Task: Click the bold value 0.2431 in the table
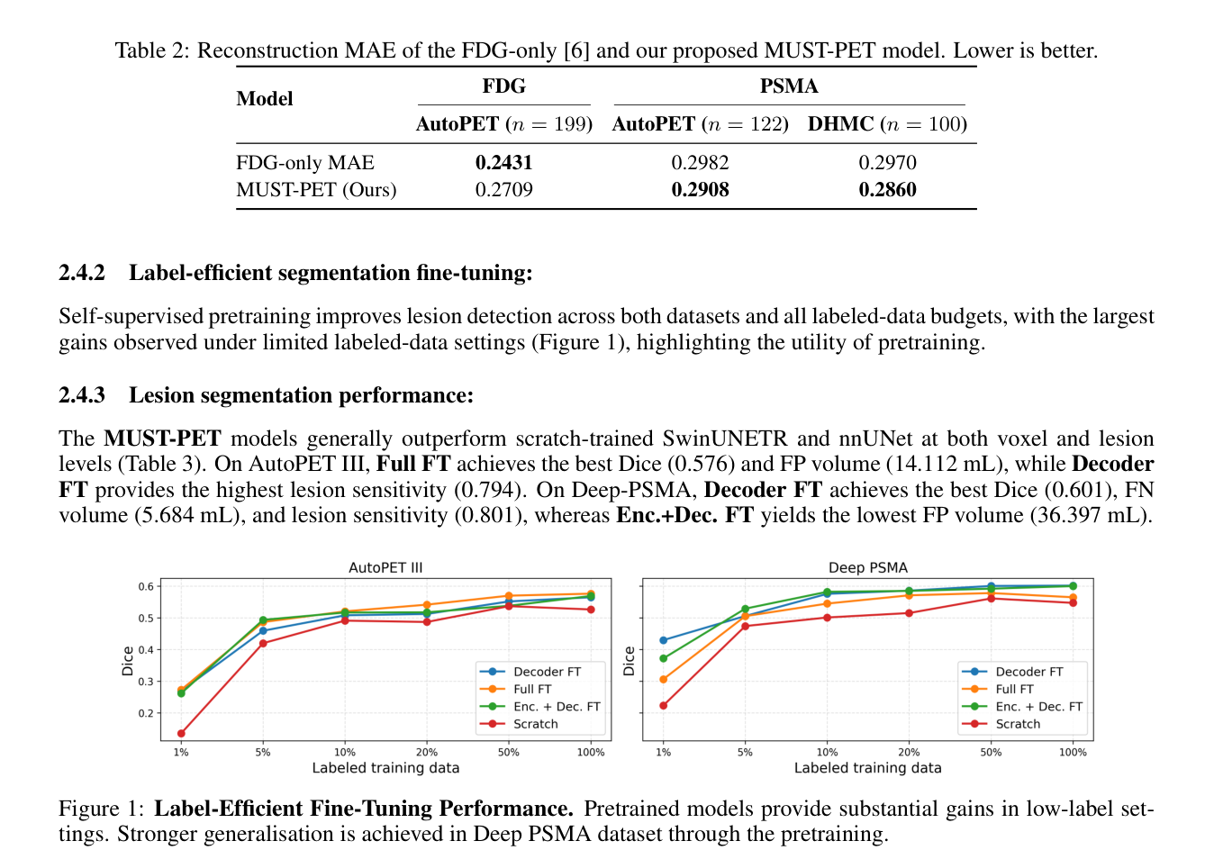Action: point(503,163)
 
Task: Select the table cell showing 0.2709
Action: point(503,190)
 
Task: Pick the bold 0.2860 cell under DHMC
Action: point(887,190)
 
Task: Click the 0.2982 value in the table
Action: point(700,163)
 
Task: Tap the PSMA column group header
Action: point(789,86)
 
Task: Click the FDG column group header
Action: point(504,86)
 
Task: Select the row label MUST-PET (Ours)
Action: point(316,190)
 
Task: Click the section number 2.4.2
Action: point(82,273)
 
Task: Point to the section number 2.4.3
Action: point(82,395)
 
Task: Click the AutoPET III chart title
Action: point(385,567)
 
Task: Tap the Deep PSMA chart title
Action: point(867,567)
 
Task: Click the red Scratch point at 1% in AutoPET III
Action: point(181,733)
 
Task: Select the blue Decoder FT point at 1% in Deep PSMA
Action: point(663,640)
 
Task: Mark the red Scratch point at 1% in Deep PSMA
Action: point(663,705)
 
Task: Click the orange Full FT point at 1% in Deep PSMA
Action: point(663,679)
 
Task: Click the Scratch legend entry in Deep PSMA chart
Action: point(1001,724)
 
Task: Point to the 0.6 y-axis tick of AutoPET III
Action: point(146,586)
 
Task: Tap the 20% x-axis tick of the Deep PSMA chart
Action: point(909,752)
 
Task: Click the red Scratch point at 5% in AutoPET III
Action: point(263,643)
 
